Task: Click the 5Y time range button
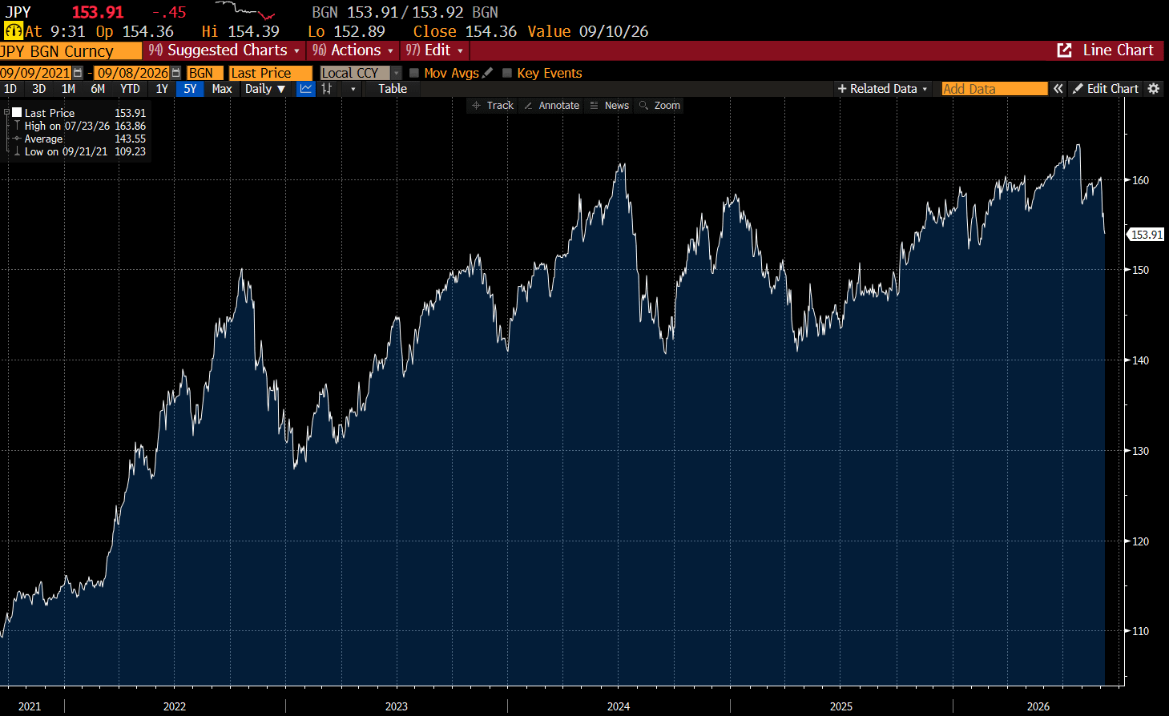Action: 190,89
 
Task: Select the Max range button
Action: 222,89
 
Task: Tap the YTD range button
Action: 130,89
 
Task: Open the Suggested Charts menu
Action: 224,50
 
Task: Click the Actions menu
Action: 353,50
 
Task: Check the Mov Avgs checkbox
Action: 414,73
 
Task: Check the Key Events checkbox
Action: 506,73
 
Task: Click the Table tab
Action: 393,89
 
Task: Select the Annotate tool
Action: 552,106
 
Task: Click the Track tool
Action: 494,106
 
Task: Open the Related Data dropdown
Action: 882,89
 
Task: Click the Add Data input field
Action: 994,89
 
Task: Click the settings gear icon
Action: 1154,89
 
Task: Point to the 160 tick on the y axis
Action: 1140,180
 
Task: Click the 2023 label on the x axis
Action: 396,706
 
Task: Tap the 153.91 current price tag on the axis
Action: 1146,235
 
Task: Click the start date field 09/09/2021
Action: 35,73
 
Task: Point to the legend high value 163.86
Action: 130,126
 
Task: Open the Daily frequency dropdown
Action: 265,89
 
